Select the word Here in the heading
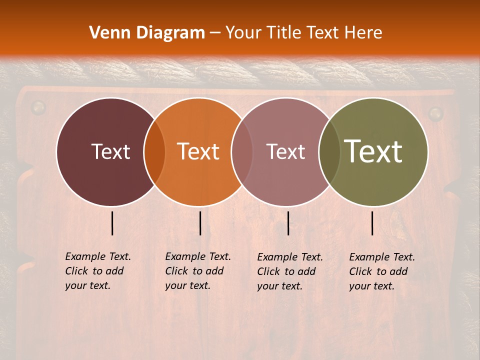pyautogui.click(x=363, y=33)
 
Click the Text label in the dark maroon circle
pyautogui.click(x=110, y=151)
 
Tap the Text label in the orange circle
pyautogui.click(x=198, y=151)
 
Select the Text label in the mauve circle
pyautogui.click(x=286, y=151)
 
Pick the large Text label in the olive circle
pyautogui.click(x=373, y=151)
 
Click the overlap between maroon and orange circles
pyautogui.click(x=154, y=151)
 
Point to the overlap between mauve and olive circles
pyautogui.click(x=329, y=151)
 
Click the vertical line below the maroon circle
pyautogui.click(x=112, y=223)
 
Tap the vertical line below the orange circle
pyautogui.click(x=200, y=223)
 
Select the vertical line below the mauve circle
pyautogui.click(x=288, y=223)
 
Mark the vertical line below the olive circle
pyautogui.click(x=372, y=223)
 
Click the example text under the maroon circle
pyautogui.click(x=98, y=271)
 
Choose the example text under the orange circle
pyautogui.click(x=198, y=271)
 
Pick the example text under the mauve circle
pyautogui.click(x=290, y=271)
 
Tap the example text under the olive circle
pyautogui.click(x=382, y=271)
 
